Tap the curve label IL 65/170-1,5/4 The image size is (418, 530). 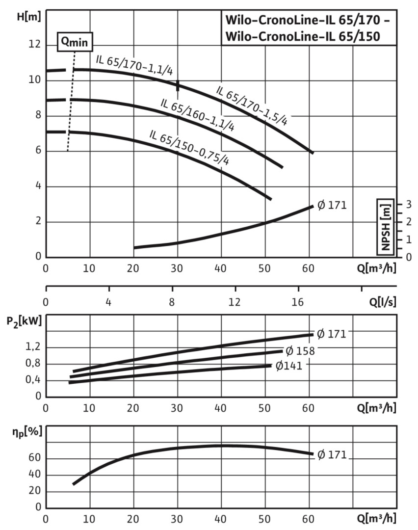251,106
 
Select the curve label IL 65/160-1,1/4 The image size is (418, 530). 197,115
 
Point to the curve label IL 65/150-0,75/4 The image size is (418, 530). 189,148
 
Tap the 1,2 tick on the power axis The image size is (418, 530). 33,347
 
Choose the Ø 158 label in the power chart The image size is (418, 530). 299,351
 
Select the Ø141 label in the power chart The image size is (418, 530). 288,366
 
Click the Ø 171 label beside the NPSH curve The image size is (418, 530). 332,205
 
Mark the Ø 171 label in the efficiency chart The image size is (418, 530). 332,455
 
